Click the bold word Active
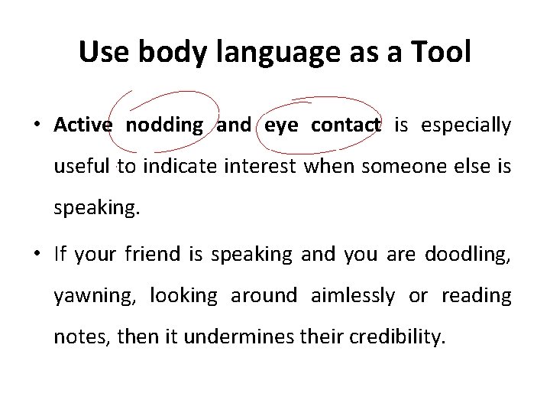click(83, 125)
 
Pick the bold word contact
click(345, 125)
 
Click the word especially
click(465, 125)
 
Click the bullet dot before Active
click(37, 126)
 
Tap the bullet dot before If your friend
click(37, 254)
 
